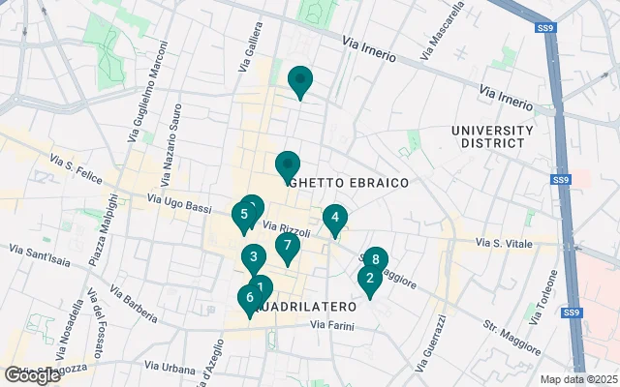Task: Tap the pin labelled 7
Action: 287,246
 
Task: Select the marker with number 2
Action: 368,279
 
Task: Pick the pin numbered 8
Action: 375,260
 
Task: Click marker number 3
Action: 253,257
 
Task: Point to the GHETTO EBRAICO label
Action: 348,182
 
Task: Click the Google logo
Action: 31,374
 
